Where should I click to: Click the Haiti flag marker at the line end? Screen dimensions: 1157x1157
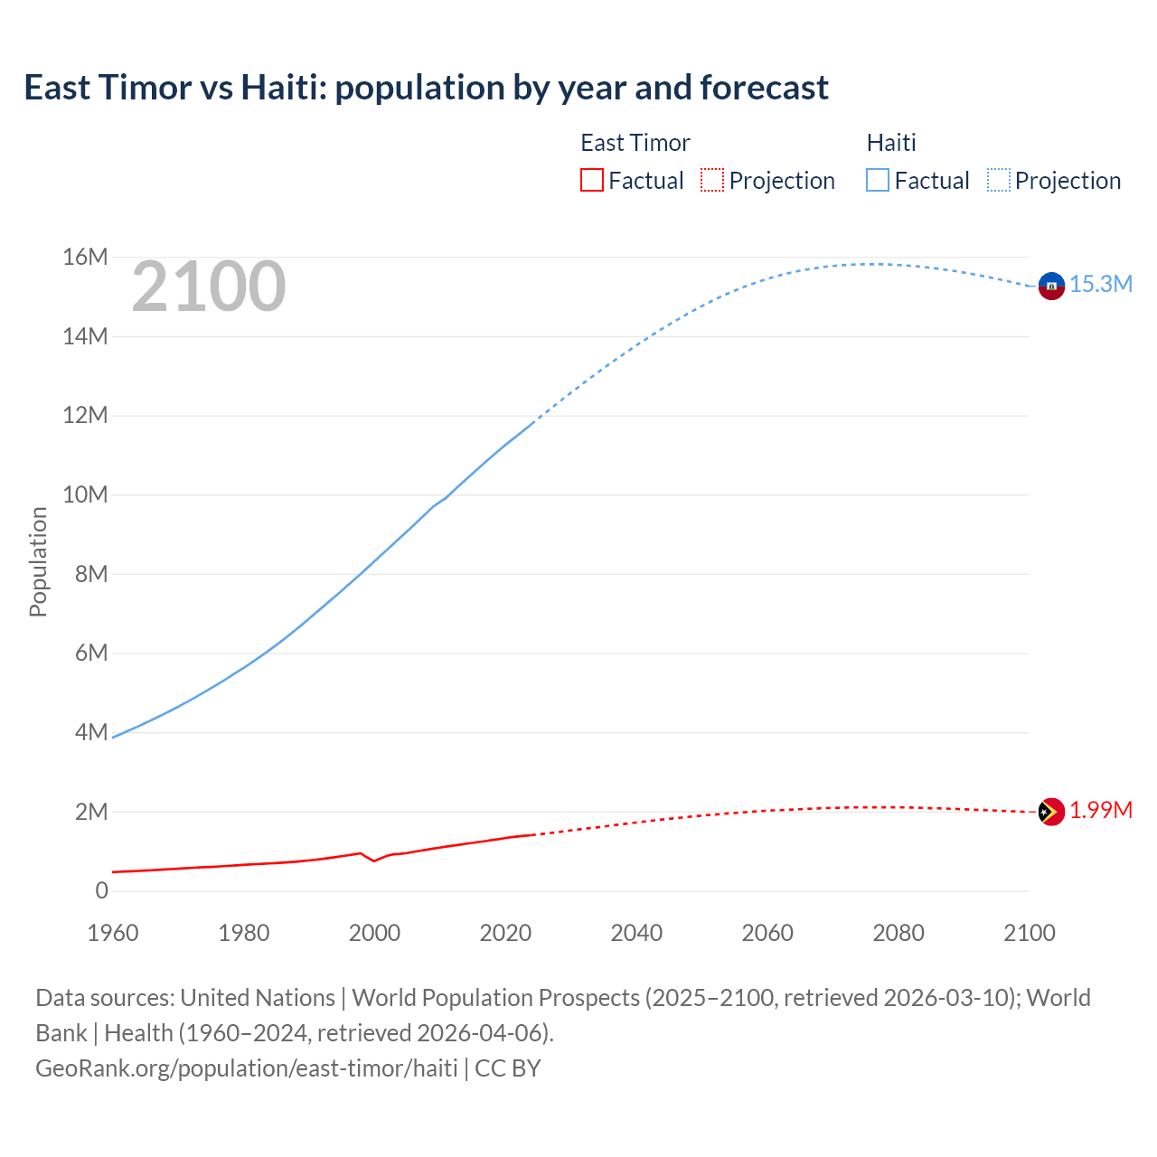click(1051, 286)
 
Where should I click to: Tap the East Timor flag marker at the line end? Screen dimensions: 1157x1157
click(1051, 813)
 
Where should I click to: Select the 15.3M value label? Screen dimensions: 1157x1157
click(1101, 284)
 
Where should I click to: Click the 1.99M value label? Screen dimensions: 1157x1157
click(1101, 810)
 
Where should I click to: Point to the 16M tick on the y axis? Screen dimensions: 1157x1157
click(85, 258)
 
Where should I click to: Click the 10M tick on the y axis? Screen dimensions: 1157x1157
click(85, 495)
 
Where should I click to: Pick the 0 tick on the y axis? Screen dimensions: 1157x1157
click(101, 891)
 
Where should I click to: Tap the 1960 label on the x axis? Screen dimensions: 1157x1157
click(113, 933)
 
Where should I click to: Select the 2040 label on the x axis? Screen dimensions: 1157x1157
click(636, 933)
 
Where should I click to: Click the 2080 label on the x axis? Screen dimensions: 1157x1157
click(898, 933)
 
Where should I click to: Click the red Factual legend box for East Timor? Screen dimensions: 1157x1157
click(592, 180)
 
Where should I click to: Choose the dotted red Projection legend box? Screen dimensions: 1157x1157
click(712, 180)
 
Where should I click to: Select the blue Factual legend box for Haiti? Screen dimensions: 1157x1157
click(878, 180)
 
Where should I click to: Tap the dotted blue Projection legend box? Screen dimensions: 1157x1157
click(998, 180)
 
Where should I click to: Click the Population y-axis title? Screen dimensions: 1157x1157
click(38, 561)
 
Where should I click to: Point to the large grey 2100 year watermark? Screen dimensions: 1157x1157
click(209, 287)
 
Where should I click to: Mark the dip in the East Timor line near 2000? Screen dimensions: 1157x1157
click(374, 861)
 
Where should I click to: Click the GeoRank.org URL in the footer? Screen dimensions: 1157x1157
click(247, 1068)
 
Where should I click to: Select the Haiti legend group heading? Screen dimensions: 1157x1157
click(891, 143)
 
